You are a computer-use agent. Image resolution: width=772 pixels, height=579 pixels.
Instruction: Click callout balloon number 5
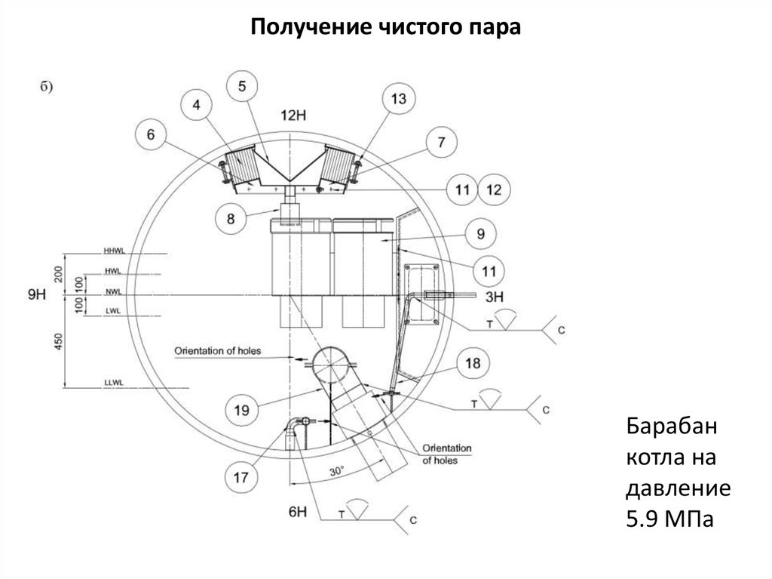242,86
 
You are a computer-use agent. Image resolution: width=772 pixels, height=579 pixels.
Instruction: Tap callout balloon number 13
398,99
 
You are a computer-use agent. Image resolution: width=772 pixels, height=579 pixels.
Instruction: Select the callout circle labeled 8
231,218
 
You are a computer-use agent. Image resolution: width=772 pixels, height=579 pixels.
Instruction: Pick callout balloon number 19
241,410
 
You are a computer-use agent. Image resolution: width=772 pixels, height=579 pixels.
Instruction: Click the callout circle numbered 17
240,477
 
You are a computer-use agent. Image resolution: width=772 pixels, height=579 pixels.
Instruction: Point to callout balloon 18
473,363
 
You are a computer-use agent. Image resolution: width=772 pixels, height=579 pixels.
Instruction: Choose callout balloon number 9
480,234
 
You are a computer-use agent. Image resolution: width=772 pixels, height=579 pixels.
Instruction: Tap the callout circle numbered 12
494,189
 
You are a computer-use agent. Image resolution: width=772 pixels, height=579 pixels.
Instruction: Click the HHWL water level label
115,251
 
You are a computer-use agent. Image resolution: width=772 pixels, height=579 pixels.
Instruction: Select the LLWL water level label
114,383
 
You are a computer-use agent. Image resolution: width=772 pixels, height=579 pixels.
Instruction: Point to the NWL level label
114,292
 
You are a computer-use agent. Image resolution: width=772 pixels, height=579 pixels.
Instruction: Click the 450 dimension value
59,342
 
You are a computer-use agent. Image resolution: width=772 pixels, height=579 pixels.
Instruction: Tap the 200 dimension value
59,274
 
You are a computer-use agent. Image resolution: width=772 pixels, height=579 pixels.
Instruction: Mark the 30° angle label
336,471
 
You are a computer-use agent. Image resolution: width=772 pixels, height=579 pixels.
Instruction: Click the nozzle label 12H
293,115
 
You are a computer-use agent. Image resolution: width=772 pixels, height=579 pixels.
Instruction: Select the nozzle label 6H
297,512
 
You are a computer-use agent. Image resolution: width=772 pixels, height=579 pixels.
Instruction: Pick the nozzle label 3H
495,297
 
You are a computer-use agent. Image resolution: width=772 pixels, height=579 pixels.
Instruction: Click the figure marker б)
46,87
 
